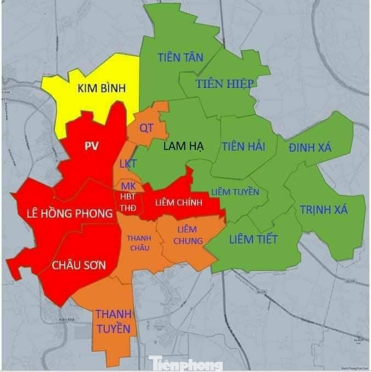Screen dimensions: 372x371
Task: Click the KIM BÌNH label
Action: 102,88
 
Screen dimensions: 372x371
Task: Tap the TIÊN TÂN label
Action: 181,57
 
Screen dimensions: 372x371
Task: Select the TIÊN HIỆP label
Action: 224,84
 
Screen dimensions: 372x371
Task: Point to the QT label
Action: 146,128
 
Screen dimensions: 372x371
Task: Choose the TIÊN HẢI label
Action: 244,146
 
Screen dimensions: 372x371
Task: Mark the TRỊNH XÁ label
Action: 324,209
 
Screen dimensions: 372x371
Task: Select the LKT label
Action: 128,164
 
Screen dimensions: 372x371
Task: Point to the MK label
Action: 128,185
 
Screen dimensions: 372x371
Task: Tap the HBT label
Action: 128,197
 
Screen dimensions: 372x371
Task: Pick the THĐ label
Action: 128,208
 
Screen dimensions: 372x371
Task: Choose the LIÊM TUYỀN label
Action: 235,192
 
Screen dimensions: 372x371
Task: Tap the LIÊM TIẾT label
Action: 254,239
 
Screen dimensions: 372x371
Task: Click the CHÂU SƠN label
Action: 79,264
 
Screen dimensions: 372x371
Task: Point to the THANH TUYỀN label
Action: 114,321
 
